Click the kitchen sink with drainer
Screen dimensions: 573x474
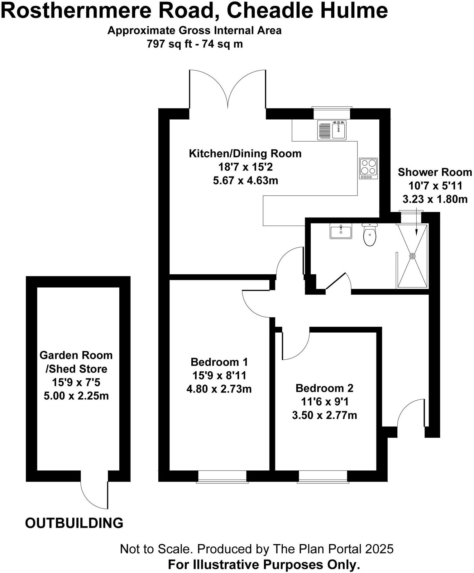coord(332,130)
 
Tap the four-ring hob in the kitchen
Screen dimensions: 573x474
coord(369,168)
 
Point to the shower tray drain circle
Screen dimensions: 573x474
coord(412,256)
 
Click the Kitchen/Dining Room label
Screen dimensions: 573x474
coord(245,153)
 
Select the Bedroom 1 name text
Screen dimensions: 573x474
coord(219,362)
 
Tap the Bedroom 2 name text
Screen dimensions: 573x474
coord(324,388)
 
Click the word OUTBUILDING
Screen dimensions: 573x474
coord(74,523)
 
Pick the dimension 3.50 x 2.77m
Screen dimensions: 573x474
coord(324,415)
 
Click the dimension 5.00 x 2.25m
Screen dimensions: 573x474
coord(76,396)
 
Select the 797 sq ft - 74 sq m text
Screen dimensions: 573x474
coord(194,44)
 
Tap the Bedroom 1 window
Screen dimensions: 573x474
coord(222,476)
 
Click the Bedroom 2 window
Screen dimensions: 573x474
coord(323,476)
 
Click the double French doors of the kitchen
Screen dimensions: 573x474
coord(227,90)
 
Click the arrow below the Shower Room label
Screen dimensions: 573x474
coord(416,223)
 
